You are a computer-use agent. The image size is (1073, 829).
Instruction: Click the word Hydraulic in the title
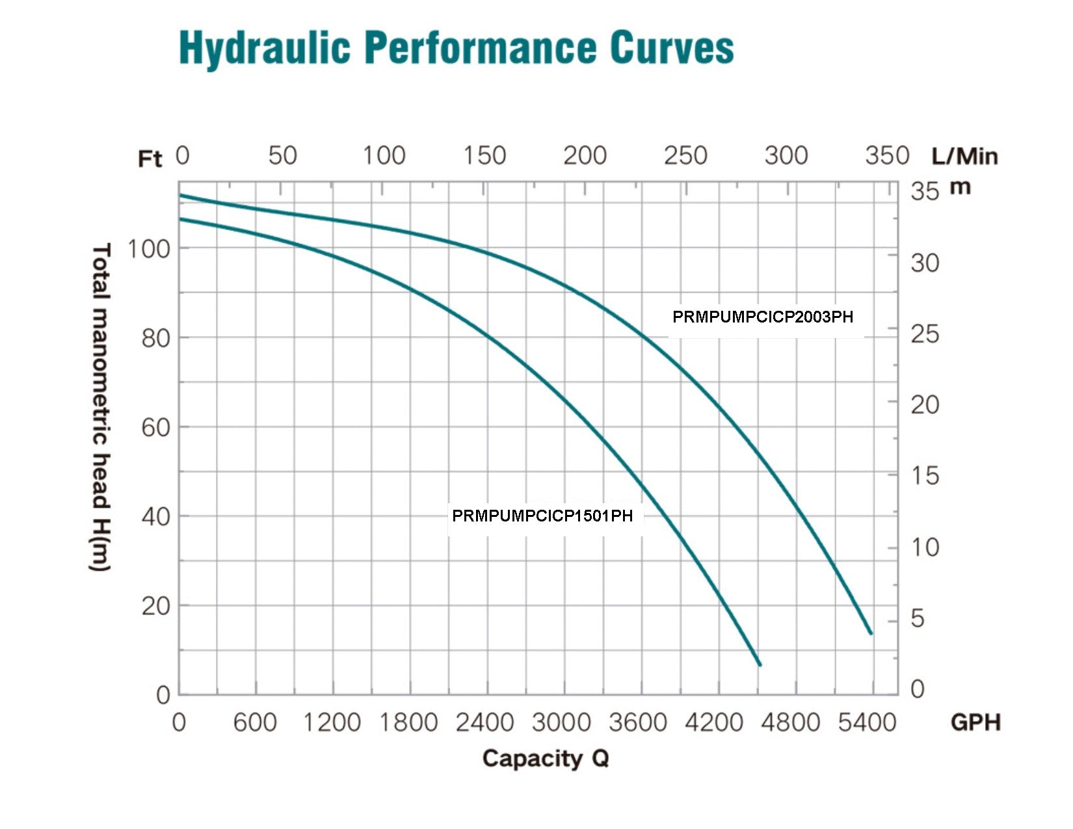pyautogui.click(x=265, y=48)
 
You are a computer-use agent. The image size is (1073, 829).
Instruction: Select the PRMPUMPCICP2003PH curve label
pyautogui.click(x=763, y=317)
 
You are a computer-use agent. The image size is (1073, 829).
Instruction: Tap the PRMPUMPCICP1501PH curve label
pyautogui.click(x=542, y=516)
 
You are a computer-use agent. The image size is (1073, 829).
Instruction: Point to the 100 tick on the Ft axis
pyautogui.click(x=148, y=248)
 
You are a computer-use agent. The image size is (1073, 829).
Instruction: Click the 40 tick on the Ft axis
pyautogui.click(x=155, y=517)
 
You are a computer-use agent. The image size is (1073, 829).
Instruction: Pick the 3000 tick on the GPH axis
pyautogui.click(x=561, y=722)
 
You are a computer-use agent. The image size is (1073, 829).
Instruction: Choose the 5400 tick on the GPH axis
pyautogui.click(x=868, y=722)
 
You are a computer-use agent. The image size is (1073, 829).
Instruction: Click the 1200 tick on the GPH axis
pyautogui.click(x=332, y=722)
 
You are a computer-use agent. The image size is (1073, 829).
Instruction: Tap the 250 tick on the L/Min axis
pyautogui.click(x=685, y=156)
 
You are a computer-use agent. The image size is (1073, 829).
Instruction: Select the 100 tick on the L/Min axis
pyautogui.click(x=384, y=156)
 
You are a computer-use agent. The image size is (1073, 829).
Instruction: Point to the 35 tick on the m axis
pyautogui.click(x=925, y=192)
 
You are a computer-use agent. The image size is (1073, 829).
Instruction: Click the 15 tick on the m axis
pyautogui.click(x=925, y=476)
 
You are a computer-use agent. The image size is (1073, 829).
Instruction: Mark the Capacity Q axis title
pyautogui.click(x=545, y=759)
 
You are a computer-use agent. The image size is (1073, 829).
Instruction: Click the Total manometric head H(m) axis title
pyautogui.click(x=100, y=408)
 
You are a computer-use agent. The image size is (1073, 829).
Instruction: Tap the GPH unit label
pyautogui.click(x=975, y=722)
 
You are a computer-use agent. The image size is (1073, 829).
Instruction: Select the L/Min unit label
pyautogui.click(x=964, y=157)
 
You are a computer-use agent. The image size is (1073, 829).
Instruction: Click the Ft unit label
pyautogui.click(x=150, y=159)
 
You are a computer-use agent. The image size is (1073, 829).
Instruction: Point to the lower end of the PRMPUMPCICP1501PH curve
pyautogui.click(x=759, y=664)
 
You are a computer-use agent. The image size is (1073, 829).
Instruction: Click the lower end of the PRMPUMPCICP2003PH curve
pyautogui.click(x=870, y=632)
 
